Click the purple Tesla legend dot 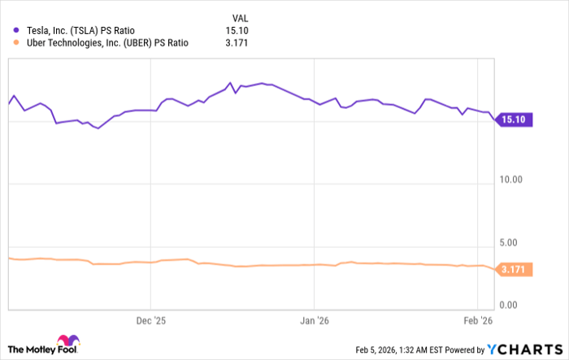[15, 30]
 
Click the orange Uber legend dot [15, 43]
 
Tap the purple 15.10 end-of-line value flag [515, 119]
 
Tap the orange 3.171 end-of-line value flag [515, 270]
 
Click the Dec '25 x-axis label [151, 321]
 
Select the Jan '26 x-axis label [314, 321]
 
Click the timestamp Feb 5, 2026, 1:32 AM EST [402, 350]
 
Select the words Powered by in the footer [468, 350]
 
